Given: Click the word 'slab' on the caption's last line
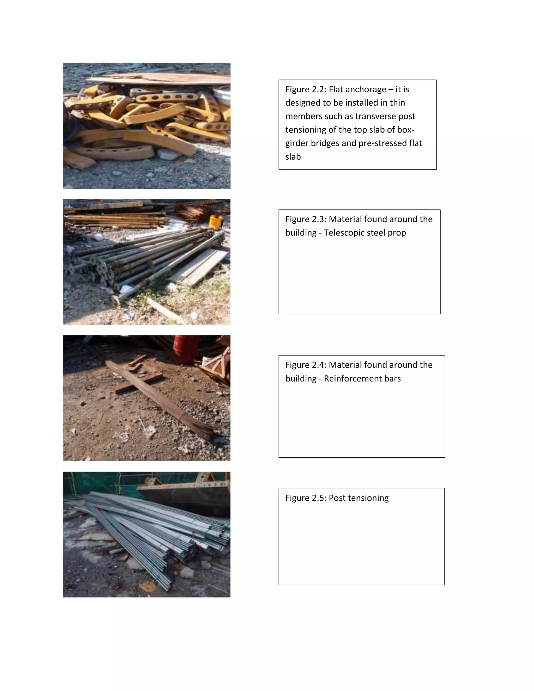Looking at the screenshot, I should [293, 157].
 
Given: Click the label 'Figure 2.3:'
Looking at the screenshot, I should [306, 219].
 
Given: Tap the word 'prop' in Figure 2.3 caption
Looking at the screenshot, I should [397, 233].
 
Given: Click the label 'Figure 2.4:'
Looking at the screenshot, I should [306, 365].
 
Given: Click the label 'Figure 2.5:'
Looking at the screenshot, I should [306, 498].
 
